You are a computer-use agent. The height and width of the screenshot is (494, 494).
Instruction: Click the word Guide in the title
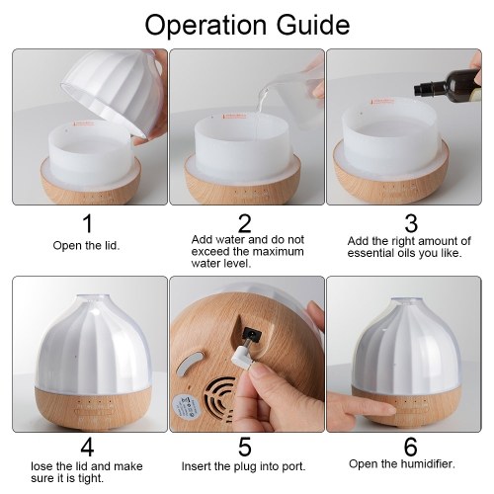click(x=313, y=25)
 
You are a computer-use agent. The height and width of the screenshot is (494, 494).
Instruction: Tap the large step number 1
click(x=87, y=223)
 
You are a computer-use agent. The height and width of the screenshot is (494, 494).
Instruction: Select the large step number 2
click(x=245, y=223)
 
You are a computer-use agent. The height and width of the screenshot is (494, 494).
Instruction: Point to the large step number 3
click(x=411, y=223)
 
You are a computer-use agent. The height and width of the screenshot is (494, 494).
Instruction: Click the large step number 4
click(x=87, y=447)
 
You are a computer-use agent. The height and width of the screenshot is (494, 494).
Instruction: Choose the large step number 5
click(x=245, y=447)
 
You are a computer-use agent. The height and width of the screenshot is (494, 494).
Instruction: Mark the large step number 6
click(x=411, y=447)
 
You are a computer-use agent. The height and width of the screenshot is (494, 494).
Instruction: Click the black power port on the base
click(x=251, y=334)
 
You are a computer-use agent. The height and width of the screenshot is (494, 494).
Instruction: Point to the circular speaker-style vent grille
click(x=219, y=399)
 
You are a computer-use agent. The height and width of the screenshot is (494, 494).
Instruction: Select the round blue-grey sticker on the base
click(x=186, y=406)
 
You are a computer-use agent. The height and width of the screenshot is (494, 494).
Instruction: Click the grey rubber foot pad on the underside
click(x=189, y=364)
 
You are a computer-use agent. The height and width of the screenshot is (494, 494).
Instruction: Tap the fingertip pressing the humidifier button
click(x=388, y=410)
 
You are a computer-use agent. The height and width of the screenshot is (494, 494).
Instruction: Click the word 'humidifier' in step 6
click(x=428, y=464)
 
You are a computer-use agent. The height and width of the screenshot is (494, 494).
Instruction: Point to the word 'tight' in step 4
click(x=91, y=478)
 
